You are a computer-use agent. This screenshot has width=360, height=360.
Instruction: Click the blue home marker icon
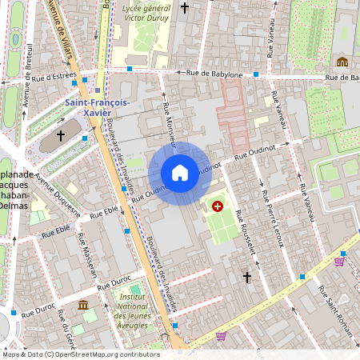(x=180, y=173)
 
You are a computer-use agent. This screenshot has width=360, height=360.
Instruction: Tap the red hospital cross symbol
(x=217, y=206)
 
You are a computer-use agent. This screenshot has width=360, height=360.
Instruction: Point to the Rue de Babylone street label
(x=214, y=74)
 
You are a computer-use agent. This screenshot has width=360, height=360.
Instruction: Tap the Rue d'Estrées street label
(x=54, y=78)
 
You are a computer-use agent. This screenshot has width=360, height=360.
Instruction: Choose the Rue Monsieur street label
(x=169, y=119)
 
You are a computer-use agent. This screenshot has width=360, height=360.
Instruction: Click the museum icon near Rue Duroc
(x=83, y=305)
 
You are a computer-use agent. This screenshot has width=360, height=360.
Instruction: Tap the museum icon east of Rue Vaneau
(x=342, y=62)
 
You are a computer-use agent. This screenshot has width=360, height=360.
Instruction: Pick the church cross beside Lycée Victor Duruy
(x=186, y=8)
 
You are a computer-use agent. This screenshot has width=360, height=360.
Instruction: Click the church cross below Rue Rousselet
(x=247, y=277)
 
